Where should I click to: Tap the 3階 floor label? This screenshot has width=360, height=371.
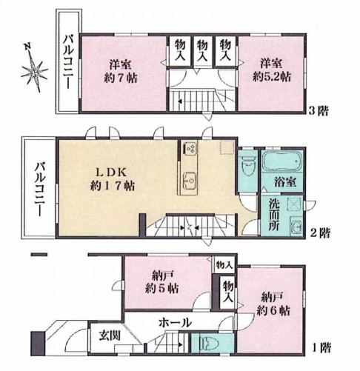319,111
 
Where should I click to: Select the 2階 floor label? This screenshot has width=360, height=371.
320,233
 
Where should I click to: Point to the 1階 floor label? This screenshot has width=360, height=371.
321,347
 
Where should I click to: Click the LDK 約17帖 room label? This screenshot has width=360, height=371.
113,178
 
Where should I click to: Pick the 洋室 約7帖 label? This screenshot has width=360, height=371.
120,71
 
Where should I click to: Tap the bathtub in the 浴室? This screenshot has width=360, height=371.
282,161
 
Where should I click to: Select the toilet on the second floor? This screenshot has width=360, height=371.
247,167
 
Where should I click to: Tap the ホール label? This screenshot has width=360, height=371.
175,322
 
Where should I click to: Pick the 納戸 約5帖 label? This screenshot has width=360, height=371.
161,281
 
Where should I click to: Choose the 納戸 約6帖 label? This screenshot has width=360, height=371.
273,304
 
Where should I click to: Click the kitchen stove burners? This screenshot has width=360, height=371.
190,149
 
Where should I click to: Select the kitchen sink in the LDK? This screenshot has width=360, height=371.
190,181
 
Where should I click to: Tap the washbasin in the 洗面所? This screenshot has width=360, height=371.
296,225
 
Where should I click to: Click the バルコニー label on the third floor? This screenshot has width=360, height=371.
69,62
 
